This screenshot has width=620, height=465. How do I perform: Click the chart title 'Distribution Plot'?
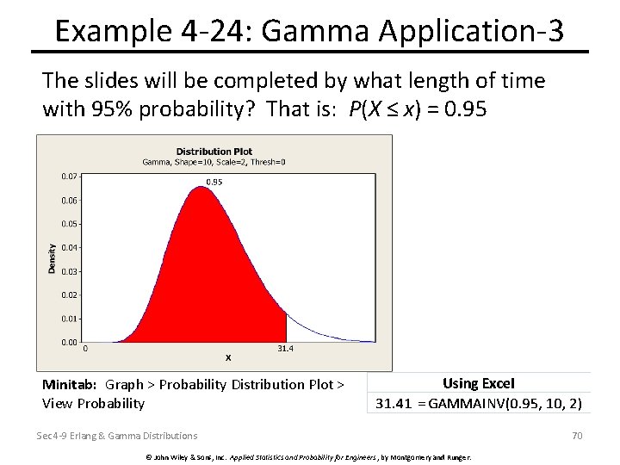click(214, 152)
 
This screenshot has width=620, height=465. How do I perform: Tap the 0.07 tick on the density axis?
click(69, 177)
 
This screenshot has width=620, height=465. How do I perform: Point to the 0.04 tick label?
click(69, 248)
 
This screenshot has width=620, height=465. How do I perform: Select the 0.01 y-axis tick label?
click(69, 319)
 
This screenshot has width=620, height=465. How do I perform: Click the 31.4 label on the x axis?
click(286, 349)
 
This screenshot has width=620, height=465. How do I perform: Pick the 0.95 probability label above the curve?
click(214, 182)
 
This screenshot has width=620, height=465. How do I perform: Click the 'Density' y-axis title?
click(52, 258)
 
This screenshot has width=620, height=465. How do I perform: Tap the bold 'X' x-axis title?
click(228, 357)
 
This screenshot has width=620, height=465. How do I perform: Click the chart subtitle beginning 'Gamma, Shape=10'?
click(214, 162)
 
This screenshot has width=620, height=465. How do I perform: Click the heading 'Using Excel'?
click(478, 384)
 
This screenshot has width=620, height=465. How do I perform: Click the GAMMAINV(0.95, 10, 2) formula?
click(505, 403)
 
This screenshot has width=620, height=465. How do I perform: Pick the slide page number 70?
click(577, 436)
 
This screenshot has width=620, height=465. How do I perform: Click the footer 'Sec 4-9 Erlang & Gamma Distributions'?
click(116, 436)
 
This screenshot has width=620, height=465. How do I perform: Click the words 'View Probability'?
click(93, 403)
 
